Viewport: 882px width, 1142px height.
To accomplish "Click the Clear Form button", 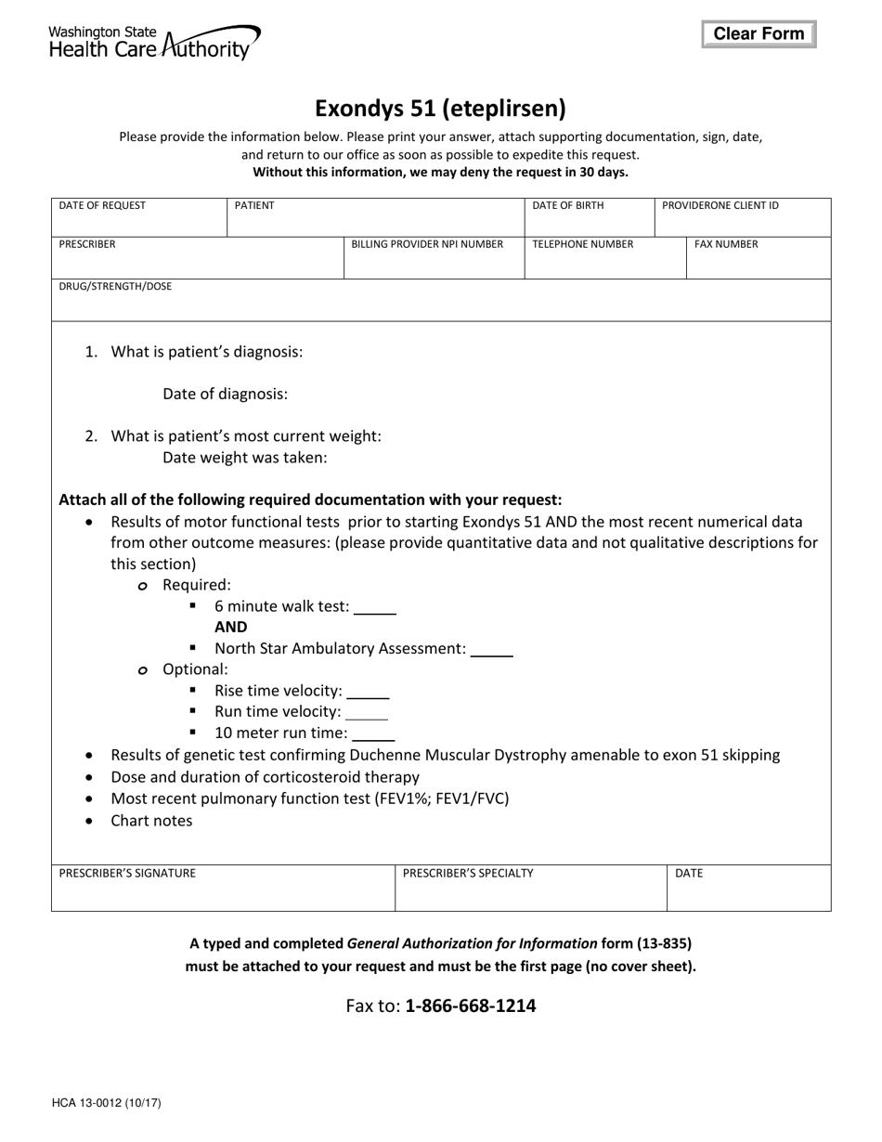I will [759, 34].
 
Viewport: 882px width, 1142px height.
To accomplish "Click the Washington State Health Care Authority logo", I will [154, 42].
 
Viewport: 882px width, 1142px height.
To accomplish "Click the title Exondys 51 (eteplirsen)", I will [440, 109].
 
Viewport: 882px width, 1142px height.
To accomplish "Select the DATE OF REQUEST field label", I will [102, 206].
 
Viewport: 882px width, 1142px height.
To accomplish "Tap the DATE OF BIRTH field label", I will [567, 206].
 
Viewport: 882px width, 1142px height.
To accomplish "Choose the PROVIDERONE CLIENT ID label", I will [720, 206].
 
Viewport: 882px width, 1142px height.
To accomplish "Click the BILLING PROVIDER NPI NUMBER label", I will [427, 245].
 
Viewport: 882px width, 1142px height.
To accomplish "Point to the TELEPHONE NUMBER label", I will [583, 245].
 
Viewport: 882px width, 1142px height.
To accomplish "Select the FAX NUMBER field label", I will [726, 245].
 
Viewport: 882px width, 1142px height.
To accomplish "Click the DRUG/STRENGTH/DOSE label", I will [115, 287].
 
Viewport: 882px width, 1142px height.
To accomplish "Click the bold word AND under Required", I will [231, 628].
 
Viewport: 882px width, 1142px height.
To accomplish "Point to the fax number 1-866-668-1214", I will [471, 1006].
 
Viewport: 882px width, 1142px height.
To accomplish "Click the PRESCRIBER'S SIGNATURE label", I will [127, 874].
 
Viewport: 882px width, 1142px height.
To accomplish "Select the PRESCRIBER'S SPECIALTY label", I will [468, 874].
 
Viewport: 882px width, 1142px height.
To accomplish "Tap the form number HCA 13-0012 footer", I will [107, 1104].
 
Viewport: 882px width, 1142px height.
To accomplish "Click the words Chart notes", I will [151, 821].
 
